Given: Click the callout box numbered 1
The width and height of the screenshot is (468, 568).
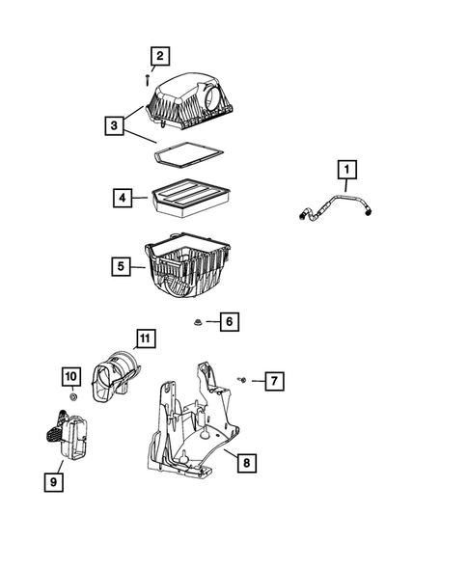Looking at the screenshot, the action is [x=347, y=170].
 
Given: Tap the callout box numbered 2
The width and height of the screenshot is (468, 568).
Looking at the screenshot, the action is [x=160, y=56].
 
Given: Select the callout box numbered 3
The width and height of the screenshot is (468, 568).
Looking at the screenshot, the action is [x=114, y=125].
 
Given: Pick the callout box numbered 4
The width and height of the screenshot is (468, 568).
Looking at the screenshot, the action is [x=123, y=198].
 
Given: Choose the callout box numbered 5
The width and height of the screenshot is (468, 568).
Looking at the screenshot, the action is [x=121, y=266].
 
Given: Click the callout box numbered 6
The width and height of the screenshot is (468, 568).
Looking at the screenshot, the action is [x=229, y=321].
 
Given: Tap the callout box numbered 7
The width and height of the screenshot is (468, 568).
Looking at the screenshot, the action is [x=274, y=381].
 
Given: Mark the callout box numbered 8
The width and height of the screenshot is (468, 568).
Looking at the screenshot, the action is [x=247, y=463].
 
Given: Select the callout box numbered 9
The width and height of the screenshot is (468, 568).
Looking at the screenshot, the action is [x=54, y=482].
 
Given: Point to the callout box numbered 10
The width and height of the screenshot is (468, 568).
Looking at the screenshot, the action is [x=71, y=376].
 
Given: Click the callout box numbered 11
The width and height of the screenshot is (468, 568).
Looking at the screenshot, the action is [x=145, y=338].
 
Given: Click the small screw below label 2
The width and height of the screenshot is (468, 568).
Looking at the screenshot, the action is [x=148, y=80].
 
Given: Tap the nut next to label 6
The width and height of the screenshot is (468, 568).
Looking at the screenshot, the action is [x=198, y=322].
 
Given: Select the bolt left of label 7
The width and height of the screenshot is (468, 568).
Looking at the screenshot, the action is [x=242, y=380].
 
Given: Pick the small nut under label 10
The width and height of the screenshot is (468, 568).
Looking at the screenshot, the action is [x=73, y=397].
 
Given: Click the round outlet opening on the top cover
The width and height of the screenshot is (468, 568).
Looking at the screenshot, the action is [x=211, y=96].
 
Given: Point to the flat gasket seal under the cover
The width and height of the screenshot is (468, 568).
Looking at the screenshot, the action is [x=188, y=155].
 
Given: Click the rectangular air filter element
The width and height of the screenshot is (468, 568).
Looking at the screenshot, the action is [x=191, y=198].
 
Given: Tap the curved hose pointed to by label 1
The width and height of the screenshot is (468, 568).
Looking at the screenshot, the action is [x=336, y=207].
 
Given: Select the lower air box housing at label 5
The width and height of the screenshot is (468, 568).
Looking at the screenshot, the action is [x=187, y=265].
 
